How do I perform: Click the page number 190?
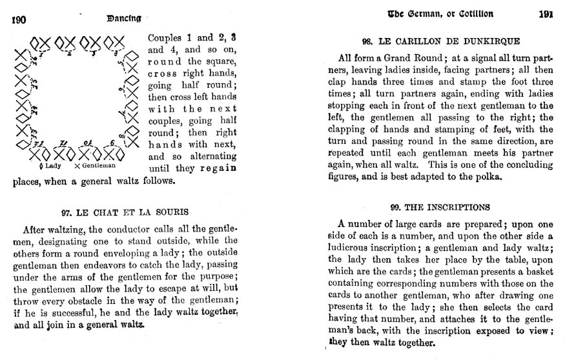pyautogui.click(x=18, y=19)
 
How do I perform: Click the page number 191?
pyautogui.click(x=545, y=15)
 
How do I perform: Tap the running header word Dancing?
pyautogui.click(x=125, y=19)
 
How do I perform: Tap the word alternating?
pyautogui.click(x=211, y=157)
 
